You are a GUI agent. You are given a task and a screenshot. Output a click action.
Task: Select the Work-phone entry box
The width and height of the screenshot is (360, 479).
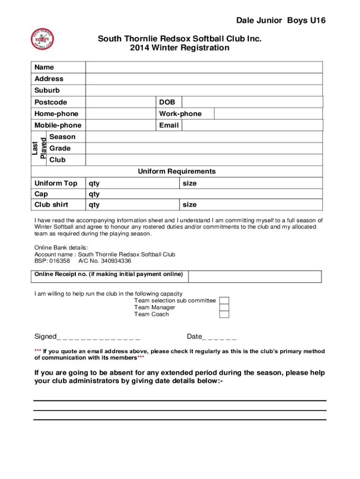click(x=268, y=114)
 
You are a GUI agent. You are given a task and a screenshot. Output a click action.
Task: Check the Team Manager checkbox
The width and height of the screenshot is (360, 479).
click(x=224, y=307)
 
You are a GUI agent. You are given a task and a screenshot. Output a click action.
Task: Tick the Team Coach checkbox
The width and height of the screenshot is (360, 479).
click(x=224, y=314)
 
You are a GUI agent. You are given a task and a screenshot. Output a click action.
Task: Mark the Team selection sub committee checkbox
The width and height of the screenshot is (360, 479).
click(x=224, y=300)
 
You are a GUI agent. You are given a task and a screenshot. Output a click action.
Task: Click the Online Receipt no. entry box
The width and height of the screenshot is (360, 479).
click(x=255, y=276)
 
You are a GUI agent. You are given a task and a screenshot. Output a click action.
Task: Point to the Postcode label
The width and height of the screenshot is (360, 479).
click(x=50, y=102)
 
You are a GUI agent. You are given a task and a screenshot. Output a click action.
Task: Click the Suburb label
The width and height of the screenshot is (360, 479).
click(x=47, y=90)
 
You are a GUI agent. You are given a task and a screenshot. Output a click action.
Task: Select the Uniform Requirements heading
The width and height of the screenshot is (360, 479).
click(x=177, y=171)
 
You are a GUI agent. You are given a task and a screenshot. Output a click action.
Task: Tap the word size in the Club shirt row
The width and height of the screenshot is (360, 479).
click(x=189, y=204)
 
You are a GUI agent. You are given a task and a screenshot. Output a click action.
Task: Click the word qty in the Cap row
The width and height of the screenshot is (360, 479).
click(x=94, y=194)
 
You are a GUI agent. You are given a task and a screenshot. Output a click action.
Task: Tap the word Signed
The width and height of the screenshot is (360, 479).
click(x=45, y=337)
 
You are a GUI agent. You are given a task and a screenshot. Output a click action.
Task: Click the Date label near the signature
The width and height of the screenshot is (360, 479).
click(x=194, y=337)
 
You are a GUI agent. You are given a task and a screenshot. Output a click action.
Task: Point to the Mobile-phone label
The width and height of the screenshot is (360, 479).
click(x=58, y=125)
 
